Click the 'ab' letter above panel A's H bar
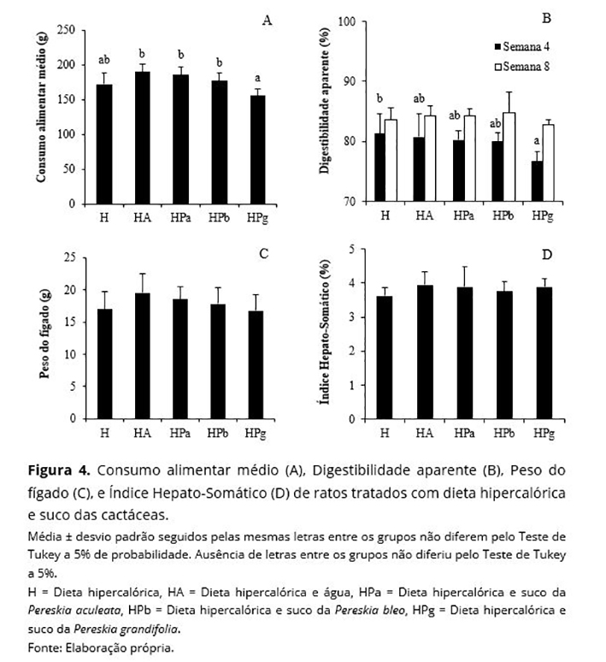click(x=104, y=60)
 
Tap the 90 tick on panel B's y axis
click(x=347, y=81)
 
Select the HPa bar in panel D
click(x=464, y=354)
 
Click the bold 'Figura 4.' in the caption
click(x=59, y=471)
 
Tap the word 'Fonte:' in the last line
click(x=44, y=647)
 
